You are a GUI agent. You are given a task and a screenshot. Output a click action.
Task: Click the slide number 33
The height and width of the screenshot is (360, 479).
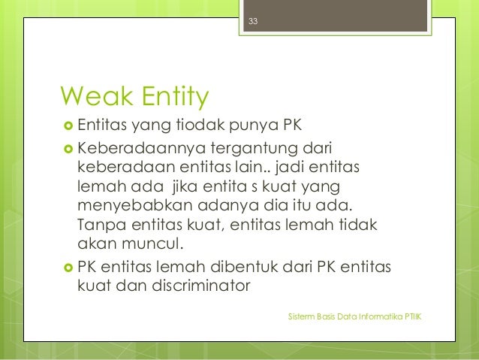coord(253,21)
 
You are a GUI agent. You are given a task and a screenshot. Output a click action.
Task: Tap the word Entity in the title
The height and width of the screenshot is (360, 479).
coord(171,97)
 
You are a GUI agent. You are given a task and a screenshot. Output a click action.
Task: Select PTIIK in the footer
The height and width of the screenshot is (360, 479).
coord(413,319)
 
